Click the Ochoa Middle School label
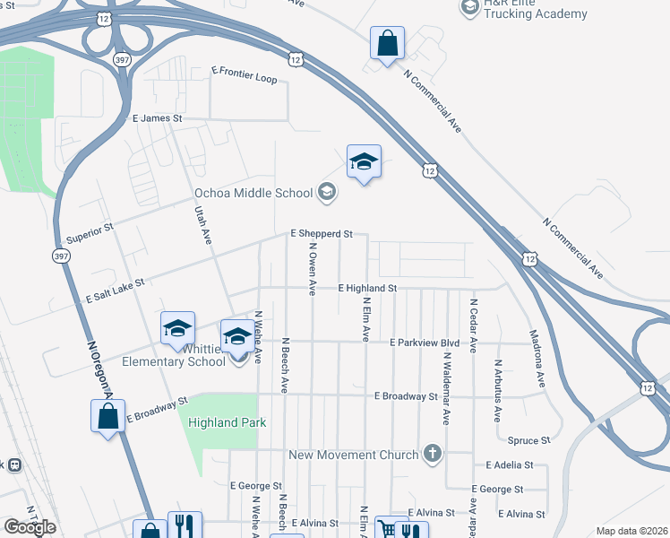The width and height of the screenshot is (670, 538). [x=253, y=193]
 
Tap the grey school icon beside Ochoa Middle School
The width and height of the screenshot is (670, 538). [x=327, y=191]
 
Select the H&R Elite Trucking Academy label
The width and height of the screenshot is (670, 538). [x=536, y=9]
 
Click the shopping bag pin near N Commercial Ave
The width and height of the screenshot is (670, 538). [x=387, y=44]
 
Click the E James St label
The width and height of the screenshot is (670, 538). [x=157, y=118]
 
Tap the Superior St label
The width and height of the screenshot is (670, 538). [x=90, y=234]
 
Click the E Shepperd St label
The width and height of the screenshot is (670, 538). [x=322, y=233]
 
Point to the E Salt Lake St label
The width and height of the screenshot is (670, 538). [x=115, y=289]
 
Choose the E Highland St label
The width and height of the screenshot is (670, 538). [x=367, y=288]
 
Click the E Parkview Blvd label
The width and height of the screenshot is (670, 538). [x=425, y=343]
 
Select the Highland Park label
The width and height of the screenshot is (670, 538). [x=228, y=422]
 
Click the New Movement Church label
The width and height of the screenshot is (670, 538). [x=354, y=455]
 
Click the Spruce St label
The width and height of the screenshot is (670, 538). [x=528, y=440]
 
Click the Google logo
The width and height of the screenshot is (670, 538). [x=30, y=527]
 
